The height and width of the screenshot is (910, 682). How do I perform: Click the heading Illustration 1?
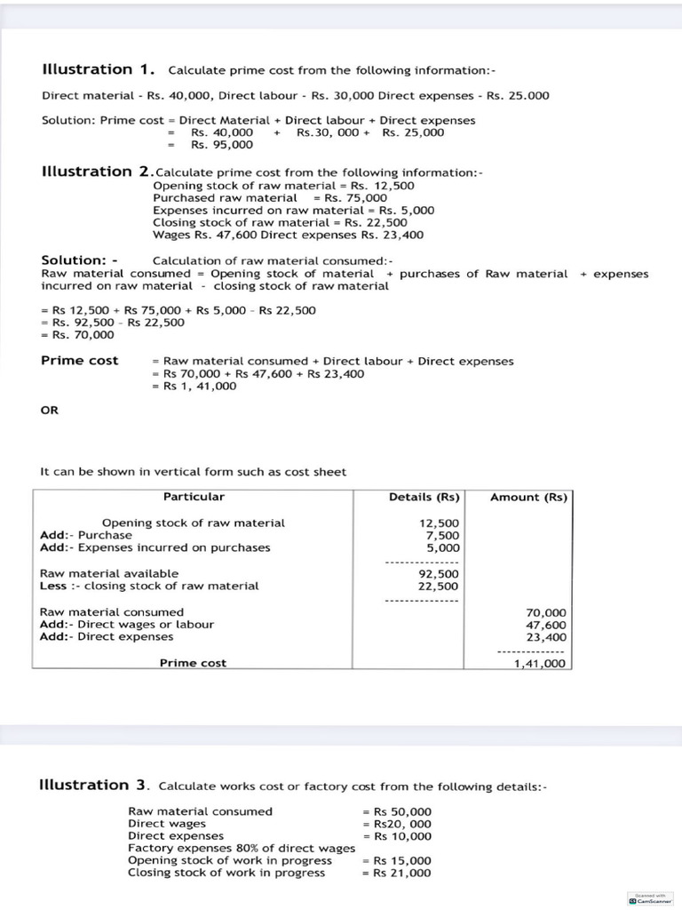click(x=99, y=69)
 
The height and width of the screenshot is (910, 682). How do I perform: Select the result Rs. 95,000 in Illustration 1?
click(x=222, y=145)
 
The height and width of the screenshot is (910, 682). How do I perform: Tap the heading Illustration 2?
click(x=97, y=172)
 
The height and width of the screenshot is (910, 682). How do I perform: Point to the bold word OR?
click(x=50, y=411)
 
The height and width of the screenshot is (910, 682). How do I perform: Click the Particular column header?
click(x=194, y=497)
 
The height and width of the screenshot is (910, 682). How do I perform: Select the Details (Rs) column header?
click(x=424, y=498)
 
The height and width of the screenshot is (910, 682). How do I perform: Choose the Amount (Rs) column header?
click(x=528, y=498)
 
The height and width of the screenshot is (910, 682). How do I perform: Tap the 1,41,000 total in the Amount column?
click(x=539, y=663)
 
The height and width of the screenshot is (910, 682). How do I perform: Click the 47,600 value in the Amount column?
click(x=545, y=625)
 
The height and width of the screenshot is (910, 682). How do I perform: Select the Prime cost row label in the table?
click(x=193, y=663)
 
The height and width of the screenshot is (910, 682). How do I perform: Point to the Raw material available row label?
click(x=109, y=574)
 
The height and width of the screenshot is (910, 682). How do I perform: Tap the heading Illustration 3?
click(x=95, y=785)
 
